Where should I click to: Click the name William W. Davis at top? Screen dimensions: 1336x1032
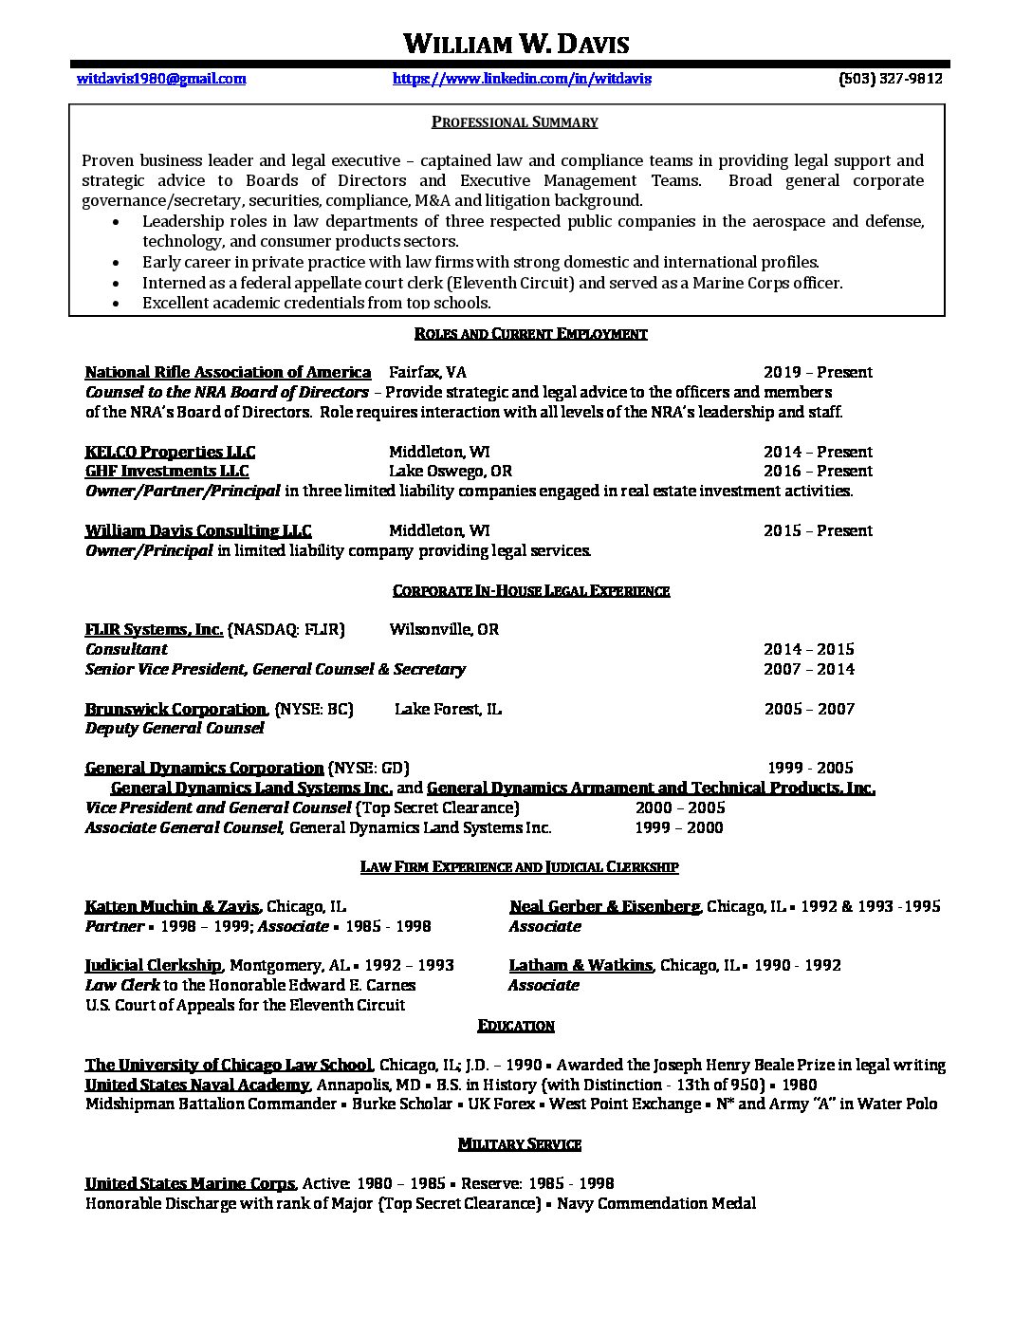516,44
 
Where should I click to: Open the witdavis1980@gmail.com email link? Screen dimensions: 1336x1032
161,79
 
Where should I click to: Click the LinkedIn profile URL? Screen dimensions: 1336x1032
522,79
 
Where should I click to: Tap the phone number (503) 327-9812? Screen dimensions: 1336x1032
890,79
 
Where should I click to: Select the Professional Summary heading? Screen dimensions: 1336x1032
515,121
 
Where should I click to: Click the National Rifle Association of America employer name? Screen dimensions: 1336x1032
228,372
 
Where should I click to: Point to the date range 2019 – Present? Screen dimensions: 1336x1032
818,372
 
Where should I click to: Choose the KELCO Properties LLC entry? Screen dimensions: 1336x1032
170,452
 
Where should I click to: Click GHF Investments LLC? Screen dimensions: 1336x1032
167,471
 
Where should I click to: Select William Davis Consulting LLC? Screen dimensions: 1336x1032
198,530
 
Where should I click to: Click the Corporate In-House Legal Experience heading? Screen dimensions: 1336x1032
531,590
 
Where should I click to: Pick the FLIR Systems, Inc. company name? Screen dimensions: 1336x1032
154,629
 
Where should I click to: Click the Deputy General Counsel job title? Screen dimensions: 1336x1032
175,728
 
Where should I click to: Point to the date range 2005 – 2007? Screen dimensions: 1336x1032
809,709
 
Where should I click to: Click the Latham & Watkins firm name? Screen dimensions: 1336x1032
580,965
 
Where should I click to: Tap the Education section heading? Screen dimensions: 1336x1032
516,1026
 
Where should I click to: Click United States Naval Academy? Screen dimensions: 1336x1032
197,1085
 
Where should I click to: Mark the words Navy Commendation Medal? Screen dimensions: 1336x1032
656,1203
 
